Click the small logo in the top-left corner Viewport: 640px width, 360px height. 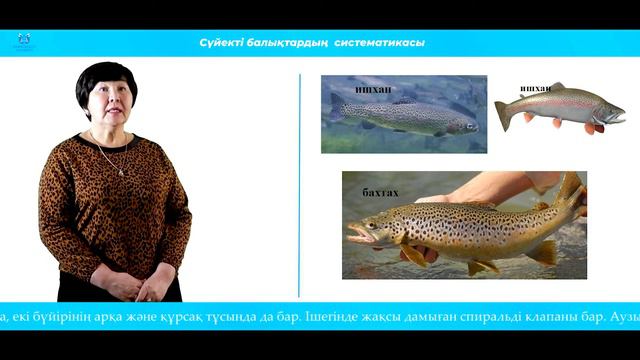(x=24, y=41)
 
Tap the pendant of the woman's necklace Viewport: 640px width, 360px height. (x=122, y=172)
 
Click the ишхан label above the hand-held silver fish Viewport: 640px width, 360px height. (x=535, y=88)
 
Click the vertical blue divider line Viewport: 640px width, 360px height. (x=299, y=185)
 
